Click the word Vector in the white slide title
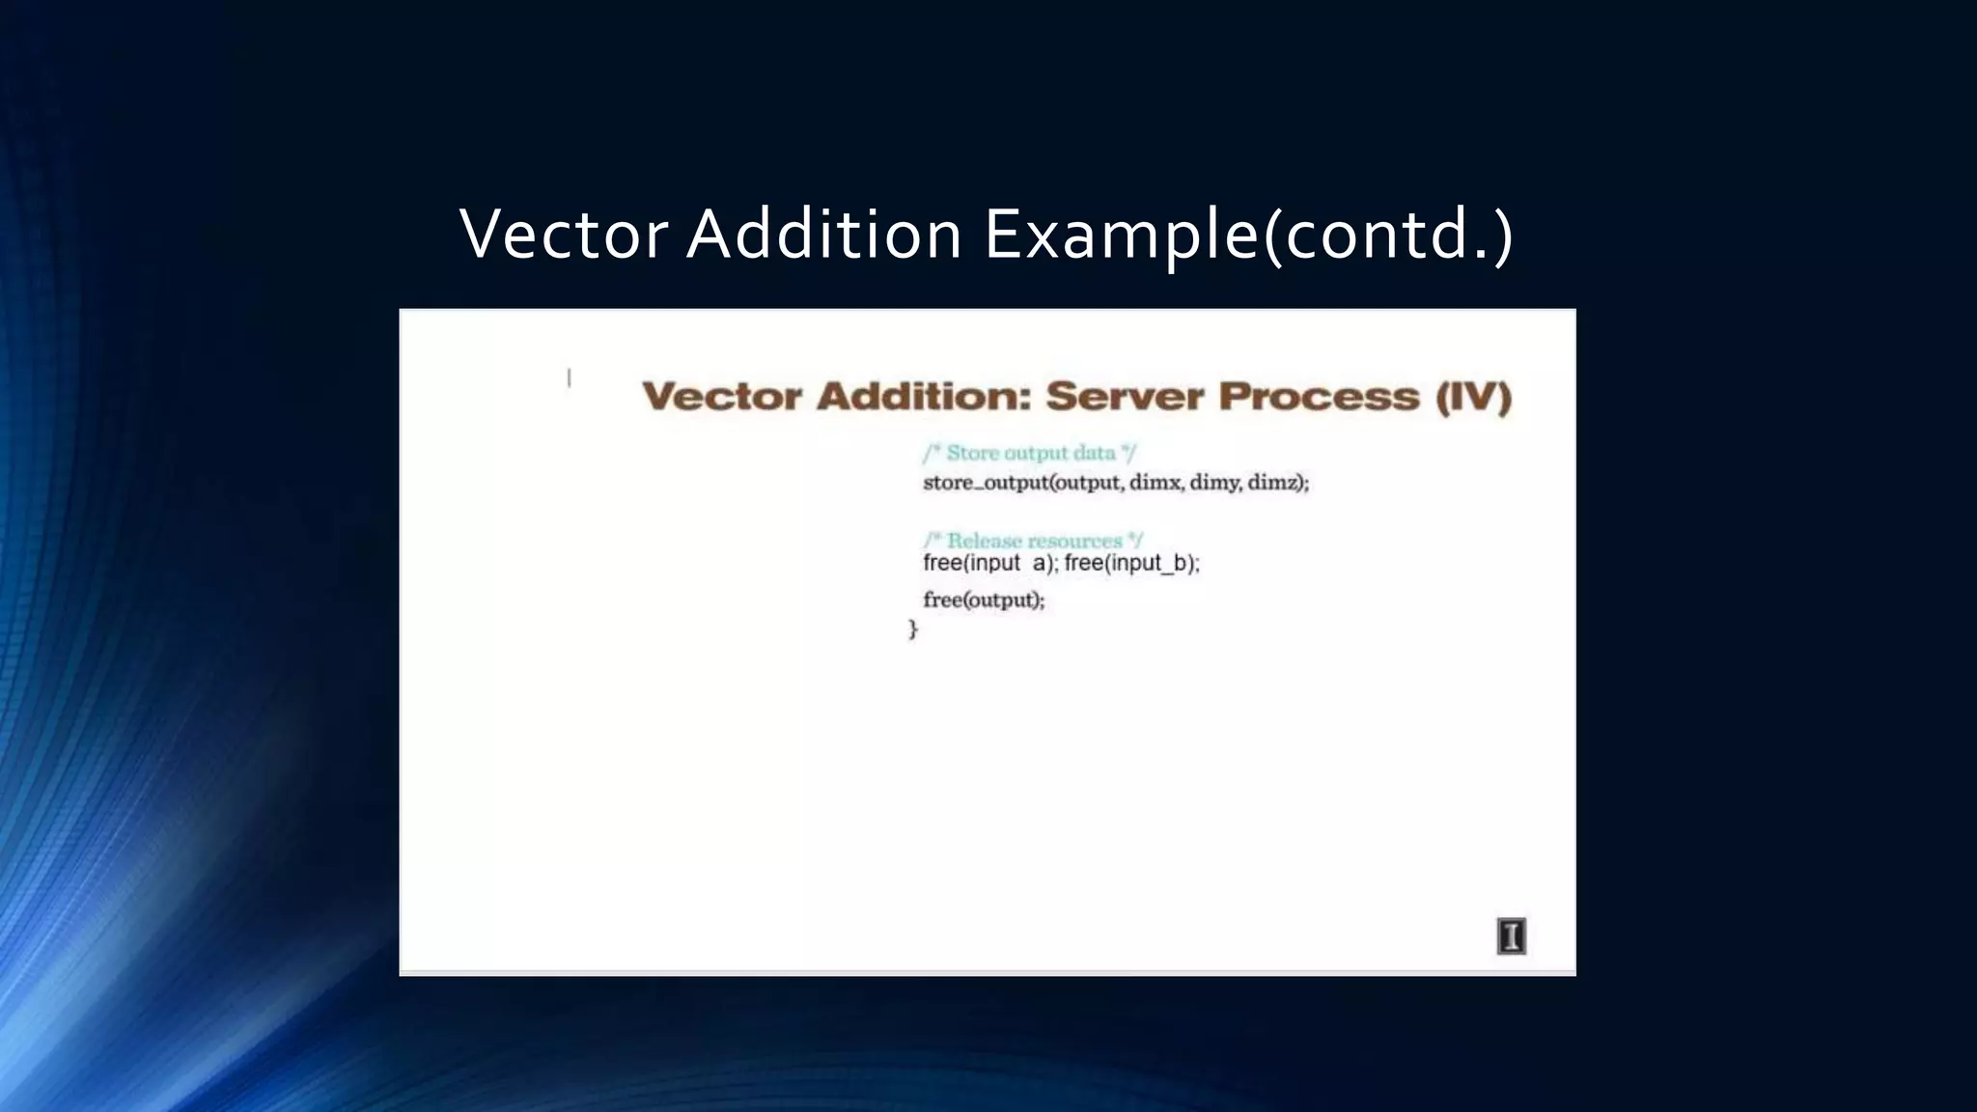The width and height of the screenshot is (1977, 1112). [564, 235]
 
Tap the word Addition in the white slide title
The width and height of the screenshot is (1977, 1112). [823, 235]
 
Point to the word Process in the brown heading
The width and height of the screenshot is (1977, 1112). [1319, 397]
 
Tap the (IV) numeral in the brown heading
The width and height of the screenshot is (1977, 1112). [1474, 397]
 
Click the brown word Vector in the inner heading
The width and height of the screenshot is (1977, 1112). [721, 397]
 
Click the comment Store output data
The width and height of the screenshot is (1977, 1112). [1030, 454]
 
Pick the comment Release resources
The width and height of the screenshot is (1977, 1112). [1033, 541]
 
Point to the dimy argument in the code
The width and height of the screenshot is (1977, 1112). [1215, 483]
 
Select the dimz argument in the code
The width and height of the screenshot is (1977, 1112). [1275, 483]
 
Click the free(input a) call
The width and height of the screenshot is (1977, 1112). [989, 564]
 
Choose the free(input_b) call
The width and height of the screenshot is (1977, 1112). [1131, 564]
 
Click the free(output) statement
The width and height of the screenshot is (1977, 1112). [984, 600]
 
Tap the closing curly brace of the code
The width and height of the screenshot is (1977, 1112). [913, 629]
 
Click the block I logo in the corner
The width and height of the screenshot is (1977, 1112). [1511, 936]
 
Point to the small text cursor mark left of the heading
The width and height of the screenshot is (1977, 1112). [569, 378]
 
